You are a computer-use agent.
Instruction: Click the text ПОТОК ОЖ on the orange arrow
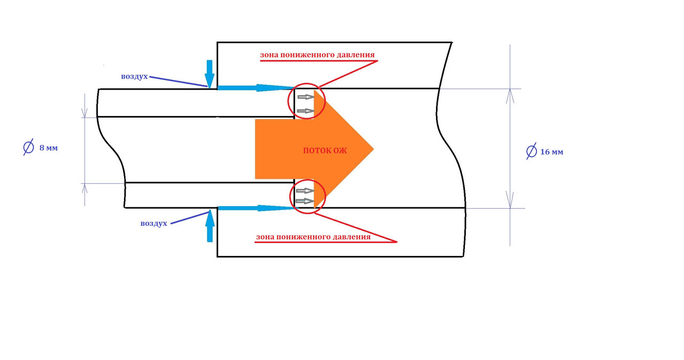(x=325, y=151)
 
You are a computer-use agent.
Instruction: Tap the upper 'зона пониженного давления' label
(x=317, y=54)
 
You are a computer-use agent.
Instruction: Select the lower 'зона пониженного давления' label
(x=313, y=236)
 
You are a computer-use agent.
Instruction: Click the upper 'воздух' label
(x=134, y=76)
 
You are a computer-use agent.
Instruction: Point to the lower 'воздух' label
(x=154, y=223)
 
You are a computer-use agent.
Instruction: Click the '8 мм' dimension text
(x=48, y=148)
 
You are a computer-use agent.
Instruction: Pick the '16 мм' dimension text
(x=551, y=152)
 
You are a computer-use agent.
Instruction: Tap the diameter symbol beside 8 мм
(x=29, y=147)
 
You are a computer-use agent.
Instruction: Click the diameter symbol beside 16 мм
(x=531, y=152)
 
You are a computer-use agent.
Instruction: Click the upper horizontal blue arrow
(x=256, y=88)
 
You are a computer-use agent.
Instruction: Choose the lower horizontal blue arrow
(x=256, y=208)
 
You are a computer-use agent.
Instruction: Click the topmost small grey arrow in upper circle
(x=305, y=97)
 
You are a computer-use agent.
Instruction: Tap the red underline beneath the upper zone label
(x=318, y=61)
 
